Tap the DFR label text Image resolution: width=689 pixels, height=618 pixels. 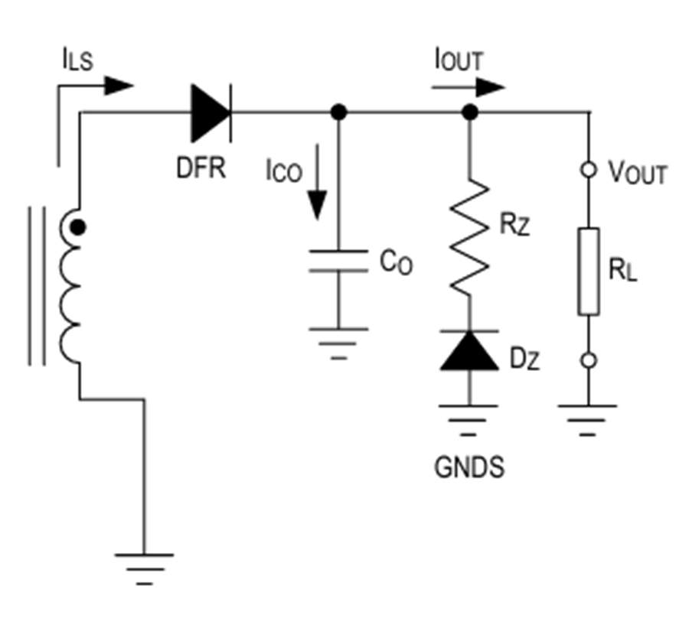[201, 168]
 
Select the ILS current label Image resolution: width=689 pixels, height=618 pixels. [78, 60]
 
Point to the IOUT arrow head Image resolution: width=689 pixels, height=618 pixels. [491, 87]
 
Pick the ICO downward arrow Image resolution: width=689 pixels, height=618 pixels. [317, 182]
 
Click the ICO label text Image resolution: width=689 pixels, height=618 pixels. [284, 171]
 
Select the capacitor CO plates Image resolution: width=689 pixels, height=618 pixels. [338, 261]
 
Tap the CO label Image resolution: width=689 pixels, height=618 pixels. [397, 262]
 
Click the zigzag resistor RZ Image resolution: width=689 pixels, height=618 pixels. [469, 237]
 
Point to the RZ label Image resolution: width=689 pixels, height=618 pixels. [515, 224]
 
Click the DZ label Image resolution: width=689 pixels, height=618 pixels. [524, 359]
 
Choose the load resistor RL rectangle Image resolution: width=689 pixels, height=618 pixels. [589, 272]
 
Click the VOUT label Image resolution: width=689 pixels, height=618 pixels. [638, 173]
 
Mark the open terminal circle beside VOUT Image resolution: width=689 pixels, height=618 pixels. [589, 170]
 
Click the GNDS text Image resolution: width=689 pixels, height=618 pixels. [469, 467]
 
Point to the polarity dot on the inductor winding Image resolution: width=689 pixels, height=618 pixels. [78, 227]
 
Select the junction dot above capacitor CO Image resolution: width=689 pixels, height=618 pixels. [338, 112]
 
